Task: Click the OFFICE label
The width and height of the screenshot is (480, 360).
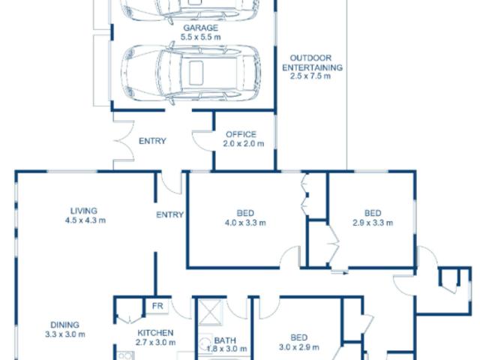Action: (x=241, y=134)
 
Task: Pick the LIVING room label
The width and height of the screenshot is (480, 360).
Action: (x=83, y=211)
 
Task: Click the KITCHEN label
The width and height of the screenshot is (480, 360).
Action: (x=156, y=333)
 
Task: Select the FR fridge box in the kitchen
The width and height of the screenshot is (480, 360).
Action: (x=157, y=306)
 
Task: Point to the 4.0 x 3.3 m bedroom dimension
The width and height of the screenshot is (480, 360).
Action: (x=244, y=222)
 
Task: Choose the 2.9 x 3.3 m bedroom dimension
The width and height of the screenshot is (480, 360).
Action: (x=373, y=222)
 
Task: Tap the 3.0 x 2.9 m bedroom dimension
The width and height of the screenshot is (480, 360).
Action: (x=298, y=347)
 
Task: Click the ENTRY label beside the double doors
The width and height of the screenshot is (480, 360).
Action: (x=152, y=141)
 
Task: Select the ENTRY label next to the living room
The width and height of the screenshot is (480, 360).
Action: (x=170, y=215)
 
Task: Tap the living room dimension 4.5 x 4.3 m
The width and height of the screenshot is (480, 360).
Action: (x=83, y=220)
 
